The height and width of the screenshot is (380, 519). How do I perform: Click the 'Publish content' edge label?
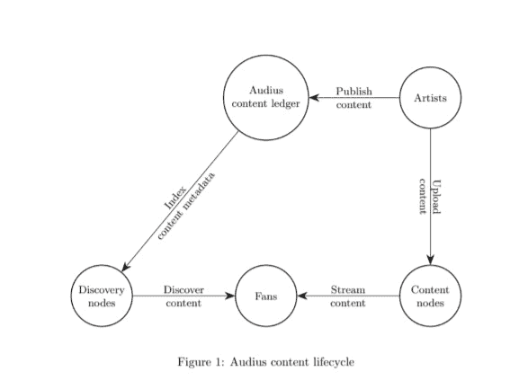(x=353, y=98)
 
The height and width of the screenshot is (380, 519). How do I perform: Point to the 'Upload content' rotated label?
(x=430, y=197)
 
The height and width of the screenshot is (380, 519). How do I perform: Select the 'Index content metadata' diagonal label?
(x=186, y=206)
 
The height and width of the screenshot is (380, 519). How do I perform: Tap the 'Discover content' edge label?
(x=183, y=296)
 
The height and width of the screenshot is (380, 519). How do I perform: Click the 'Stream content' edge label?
(x=348, y=296)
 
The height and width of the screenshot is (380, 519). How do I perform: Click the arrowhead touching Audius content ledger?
(x=314, y=98)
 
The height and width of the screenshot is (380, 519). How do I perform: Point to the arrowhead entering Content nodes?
(x=430, y=260)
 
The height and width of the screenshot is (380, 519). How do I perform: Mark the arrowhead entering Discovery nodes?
(x=126, y=267)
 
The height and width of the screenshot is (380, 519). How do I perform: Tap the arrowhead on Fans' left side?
(x=230, y=296)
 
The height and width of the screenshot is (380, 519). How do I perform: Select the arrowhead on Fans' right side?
(x=302, y=296)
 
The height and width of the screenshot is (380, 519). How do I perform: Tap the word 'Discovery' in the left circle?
(x=102, y=290)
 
